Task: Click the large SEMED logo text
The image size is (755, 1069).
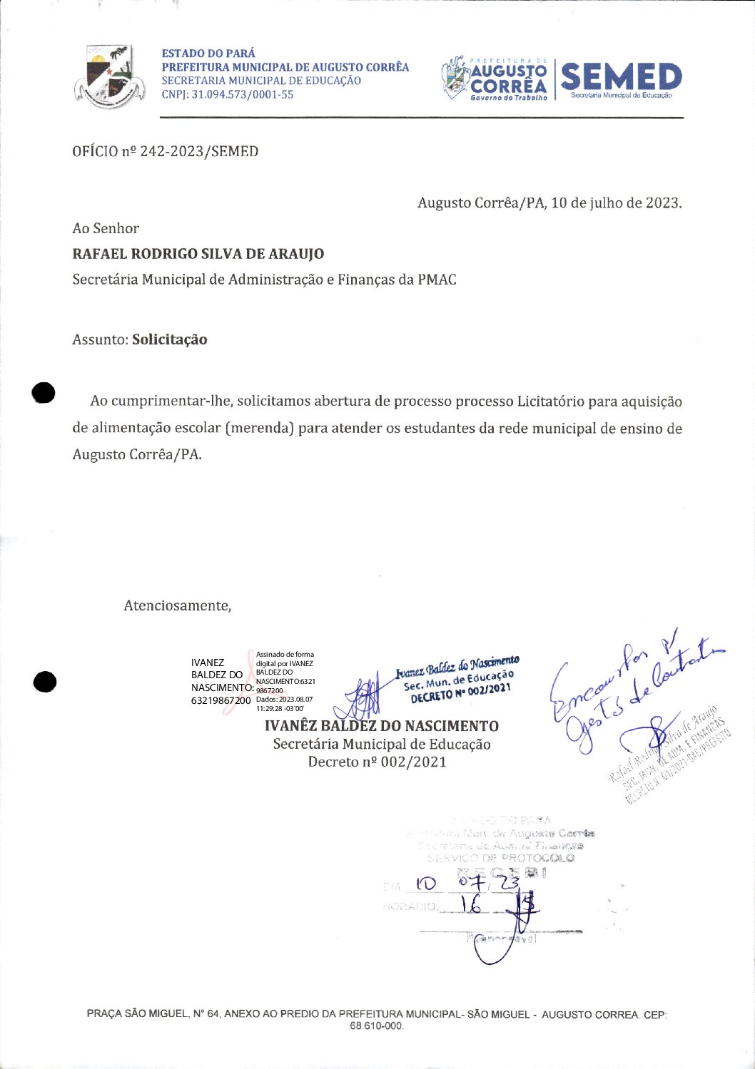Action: tap(621, 77)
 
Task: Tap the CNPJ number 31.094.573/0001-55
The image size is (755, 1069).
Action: tap(242, 94)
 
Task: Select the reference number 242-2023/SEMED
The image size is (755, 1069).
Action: tap(199, 151)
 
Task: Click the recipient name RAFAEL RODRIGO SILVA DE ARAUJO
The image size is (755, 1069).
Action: tap(198, 254)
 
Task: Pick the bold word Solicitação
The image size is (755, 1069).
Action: tap(170, 339)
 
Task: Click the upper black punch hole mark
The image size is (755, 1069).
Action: tap(44, 393)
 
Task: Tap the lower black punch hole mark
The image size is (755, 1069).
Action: tap(44, 682)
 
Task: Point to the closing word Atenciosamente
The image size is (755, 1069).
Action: tap(177, 605)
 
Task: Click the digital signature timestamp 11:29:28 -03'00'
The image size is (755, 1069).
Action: tap(280, 708)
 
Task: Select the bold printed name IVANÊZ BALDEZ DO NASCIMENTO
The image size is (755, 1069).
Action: tap(382, 726)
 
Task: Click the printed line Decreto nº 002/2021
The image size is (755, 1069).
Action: tap(377, 762)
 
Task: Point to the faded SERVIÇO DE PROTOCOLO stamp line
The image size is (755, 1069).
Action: tap(500, 858)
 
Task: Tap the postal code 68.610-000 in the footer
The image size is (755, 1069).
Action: tap(376, 1025)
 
